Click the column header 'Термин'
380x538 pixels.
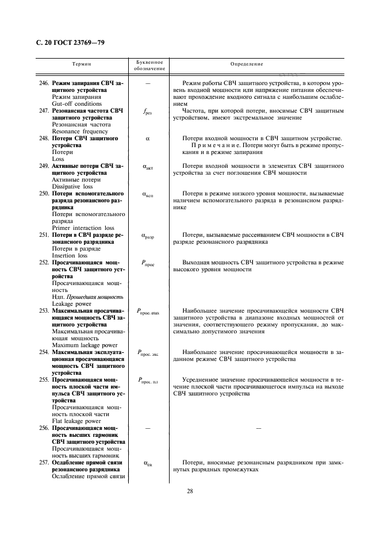pyautogui.click(x=85, y=64)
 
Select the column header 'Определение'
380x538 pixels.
pyautogui.click(x=246, y=64)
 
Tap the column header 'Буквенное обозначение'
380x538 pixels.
pyautogui.click(x=148, y=65)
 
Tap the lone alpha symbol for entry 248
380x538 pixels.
pyautogui.click(x=148, y=139)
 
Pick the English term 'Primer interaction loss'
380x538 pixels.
pyautogui.click(x=83, y=228)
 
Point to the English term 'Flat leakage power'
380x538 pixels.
pyautogui.click(x=76, y=421)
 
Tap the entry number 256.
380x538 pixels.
pyautogui.click(x=44, y=429)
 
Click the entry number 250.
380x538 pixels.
pyautogui.click(x=44, y=194)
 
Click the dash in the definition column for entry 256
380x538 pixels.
pyautogui.click(x=258, y=429)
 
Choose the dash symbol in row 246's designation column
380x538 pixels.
pyautogui.click(x=148, y=83)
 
